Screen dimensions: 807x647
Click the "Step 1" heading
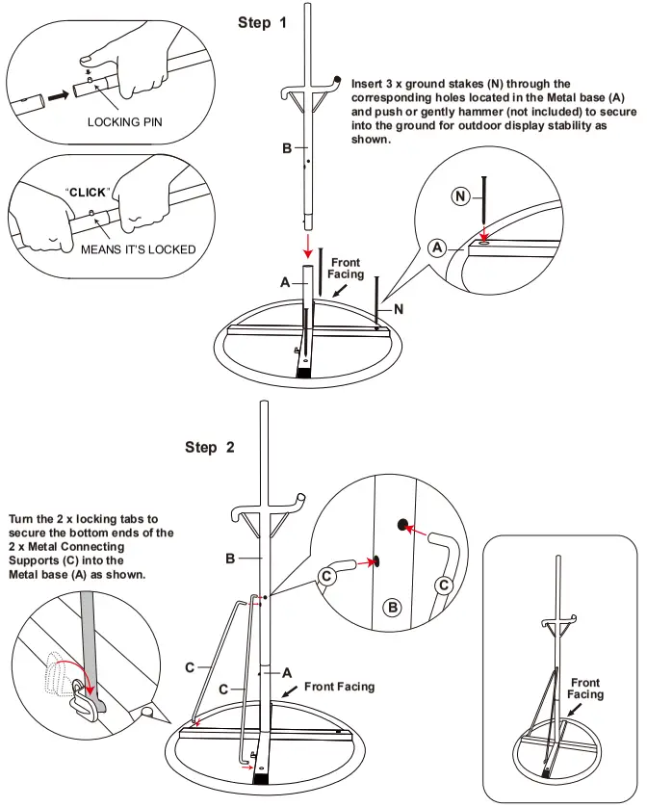(262, 22)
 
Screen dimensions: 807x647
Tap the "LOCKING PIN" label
(122, 123)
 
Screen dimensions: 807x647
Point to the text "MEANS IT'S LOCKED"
(138, 249)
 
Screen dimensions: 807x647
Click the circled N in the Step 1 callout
(461, 196)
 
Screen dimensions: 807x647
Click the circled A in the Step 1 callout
(438, 247)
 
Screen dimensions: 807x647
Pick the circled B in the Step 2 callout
(393, 607)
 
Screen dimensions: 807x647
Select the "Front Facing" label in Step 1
(346, 267)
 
